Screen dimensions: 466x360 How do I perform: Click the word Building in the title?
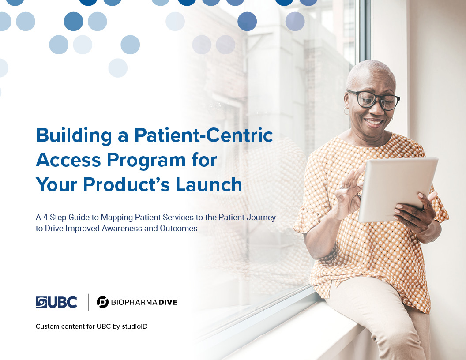coord(74,136)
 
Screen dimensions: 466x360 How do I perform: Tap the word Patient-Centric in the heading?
coord(203,135)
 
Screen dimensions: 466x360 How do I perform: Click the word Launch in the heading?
coord(209,184)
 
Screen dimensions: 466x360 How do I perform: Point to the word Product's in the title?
coord(126,184)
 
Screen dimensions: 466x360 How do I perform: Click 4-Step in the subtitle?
coord(54,218)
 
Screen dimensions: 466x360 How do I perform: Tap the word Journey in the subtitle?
coord(262,218)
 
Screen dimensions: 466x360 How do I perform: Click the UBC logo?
coord(56,302)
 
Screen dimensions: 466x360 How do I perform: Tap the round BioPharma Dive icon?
coord(102,302)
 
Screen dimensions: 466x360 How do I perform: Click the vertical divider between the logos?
coord(88,302)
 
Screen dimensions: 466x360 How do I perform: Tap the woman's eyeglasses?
coord(374,100)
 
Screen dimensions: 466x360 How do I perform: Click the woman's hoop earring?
coord(346,111)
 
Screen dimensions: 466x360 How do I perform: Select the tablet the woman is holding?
coord(397,189)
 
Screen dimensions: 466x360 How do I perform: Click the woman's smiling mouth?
coord(373,122)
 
